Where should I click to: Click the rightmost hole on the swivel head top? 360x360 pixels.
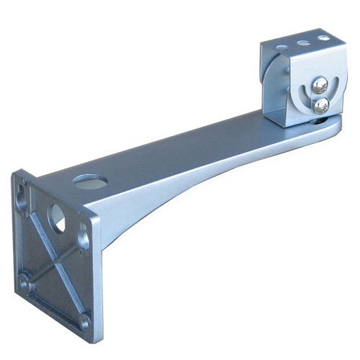(x=323, y=38)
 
